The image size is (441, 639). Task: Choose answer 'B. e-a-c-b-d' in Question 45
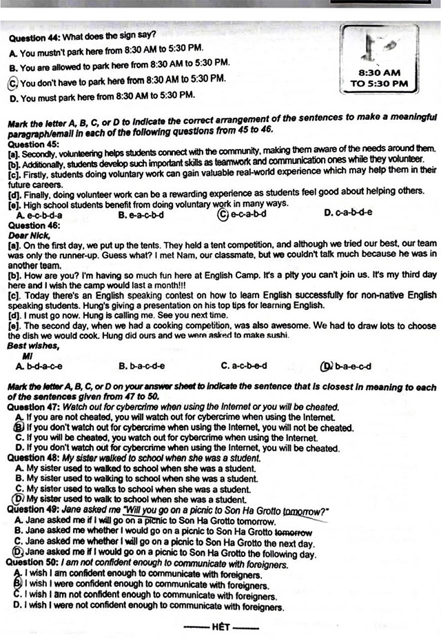pyautogui.click(x=141, y=213)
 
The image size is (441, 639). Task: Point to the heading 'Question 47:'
pyautogui.click(x=33, y=408)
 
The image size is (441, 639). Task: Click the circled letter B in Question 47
pyautogui.click(x=19, y=427)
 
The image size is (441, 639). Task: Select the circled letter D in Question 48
pyautogui.click(x=19, y=498)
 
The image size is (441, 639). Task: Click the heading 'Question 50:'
pyautogui.click(x=33, y=562)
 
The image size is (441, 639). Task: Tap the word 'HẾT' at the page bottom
pyautogui.click(x=220, y=627)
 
